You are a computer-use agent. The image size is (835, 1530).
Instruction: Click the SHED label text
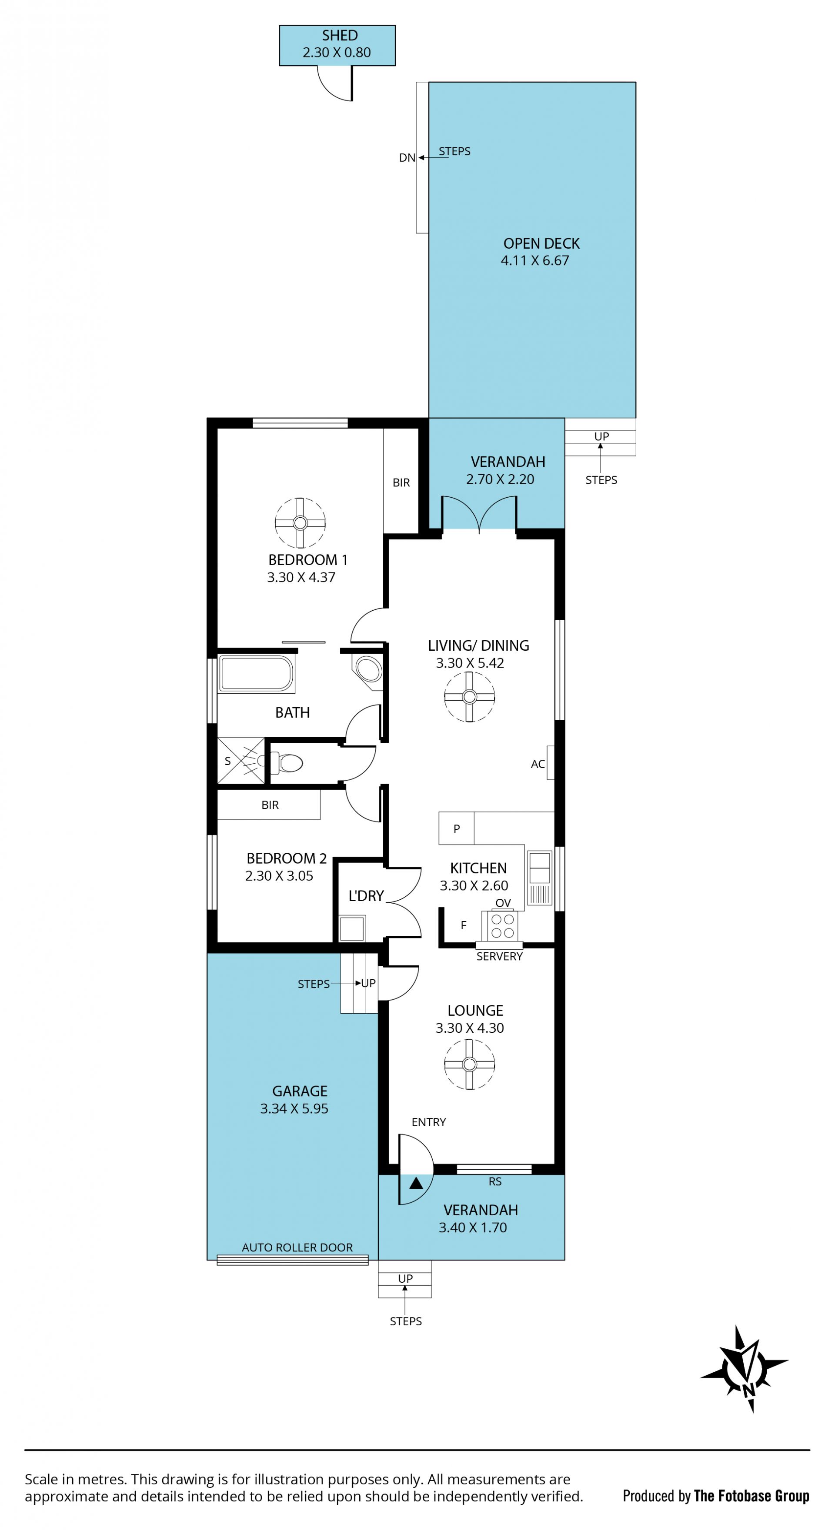click(x=340, y=36)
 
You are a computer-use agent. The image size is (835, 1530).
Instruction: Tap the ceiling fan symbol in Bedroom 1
click(x=300, y=522)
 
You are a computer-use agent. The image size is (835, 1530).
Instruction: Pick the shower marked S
click(x=240, y=760)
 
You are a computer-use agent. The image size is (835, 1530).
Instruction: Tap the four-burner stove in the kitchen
click(x=503, y=925)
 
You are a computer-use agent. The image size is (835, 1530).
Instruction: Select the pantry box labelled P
click(x=457, y=828)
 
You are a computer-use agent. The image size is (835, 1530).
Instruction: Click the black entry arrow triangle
click(x=416, y=1183)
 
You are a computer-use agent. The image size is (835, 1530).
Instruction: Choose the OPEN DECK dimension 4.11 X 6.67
click(x=535, y=261)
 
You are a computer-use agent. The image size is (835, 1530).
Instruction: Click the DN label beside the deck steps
click(x=407, y=158)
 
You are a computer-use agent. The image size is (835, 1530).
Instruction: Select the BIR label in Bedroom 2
click(x=270, y=805)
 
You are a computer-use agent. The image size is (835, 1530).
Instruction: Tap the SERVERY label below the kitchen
click(x=499, y=957)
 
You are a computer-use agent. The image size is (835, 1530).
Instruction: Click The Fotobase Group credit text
click(x=751, y=1496)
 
